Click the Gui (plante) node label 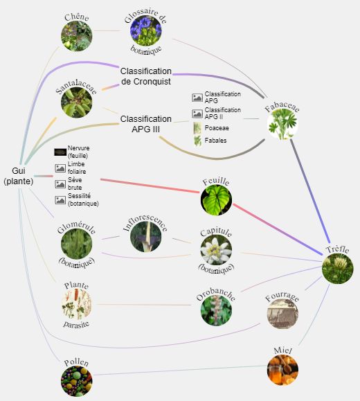click(19, 176)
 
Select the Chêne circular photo click(76, 36)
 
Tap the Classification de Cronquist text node click(146, 76)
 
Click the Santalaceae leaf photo click(76, 103)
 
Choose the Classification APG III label click(146, 124)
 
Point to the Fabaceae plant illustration click(282, 124)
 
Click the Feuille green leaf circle click(216, 199)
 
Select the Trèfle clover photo click(338, 268)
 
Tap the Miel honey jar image click(282, 370)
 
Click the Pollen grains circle click(76, 381)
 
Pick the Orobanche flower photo click(216, 310)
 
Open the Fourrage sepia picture click(282, 313)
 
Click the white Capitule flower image click(216, 249)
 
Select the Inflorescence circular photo click(146, 237)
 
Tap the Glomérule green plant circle click(76, 244)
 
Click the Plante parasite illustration click(76, 304)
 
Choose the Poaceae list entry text click(217, 128)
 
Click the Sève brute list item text click(75, 184)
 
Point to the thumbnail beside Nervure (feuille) click(60, 152)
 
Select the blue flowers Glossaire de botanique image click(146, 30)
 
